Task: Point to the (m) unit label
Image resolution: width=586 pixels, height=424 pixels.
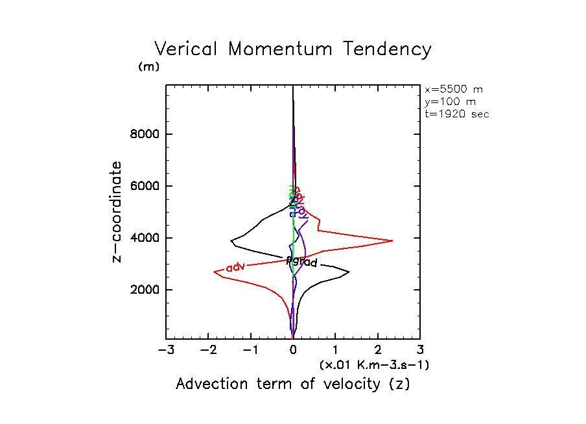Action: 148,67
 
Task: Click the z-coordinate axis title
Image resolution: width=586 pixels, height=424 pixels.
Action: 117,212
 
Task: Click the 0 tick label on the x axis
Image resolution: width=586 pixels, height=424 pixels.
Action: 293,351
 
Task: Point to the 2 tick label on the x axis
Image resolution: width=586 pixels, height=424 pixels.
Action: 378,351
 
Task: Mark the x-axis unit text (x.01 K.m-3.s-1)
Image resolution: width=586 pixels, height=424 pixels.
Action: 375,365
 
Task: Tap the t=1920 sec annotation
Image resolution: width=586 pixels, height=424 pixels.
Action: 456,113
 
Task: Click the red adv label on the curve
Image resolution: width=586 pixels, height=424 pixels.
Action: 234,267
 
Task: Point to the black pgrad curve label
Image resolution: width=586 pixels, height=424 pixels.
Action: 301,262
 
